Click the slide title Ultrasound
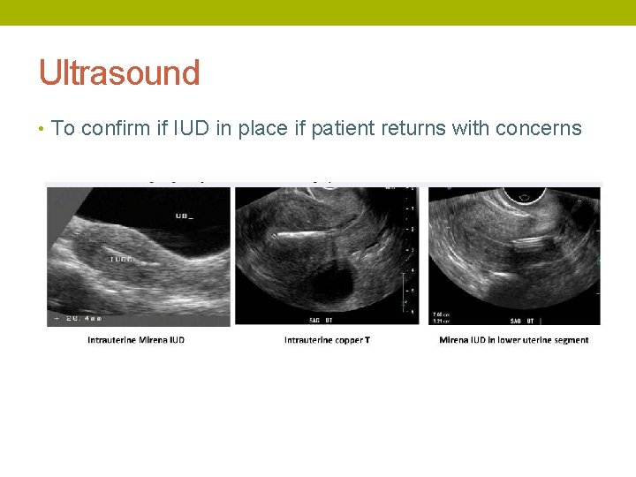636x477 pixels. pyautogui.click(x=119, y=72)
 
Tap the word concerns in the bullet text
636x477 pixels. pyautogui.click(x=538, y=128)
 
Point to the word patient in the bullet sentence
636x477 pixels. pyautogui.click(x=341, y=128)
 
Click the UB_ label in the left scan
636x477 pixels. pyautogui.click(x=184, y=216)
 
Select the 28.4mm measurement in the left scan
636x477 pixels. pyautogui.click(x=83, y=316)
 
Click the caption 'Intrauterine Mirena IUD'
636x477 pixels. pyautogui.click(x=136, y=340)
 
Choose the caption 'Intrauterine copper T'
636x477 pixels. pyautogui.click(x=327, y=340)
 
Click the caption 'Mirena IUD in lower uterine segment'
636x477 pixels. pyautogui.click(x=513, y=340)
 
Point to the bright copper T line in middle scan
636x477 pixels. pyautogui.click(x=300, y=234)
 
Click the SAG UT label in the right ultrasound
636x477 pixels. pyautogui.click(x=521, y=319)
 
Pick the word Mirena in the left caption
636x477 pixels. pyautogui.click(x=149, y=340)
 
